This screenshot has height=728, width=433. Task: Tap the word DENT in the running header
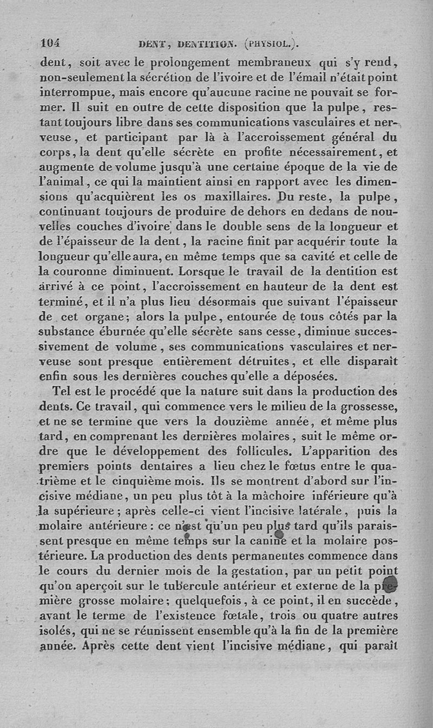(x=151, y=45)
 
